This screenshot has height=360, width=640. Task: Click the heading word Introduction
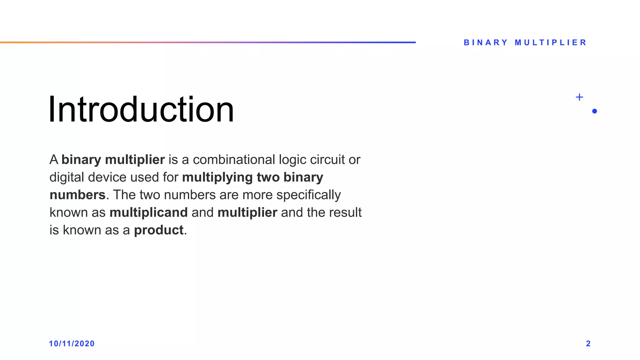(x=141, y=109)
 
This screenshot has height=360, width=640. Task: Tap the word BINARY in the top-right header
(x=486, y=42)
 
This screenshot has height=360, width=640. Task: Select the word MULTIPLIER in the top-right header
(x=551, y=42)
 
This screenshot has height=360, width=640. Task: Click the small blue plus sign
(x=579, y=97)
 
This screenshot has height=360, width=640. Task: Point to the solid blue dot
(x=594, y=111)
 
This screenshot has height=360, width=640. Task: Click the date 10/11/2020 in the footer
(x=72, y=343)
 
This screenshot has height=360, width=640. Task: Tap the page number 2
(x=588, y=343)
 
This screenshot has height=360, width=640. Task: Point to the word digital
(x=67, y=177)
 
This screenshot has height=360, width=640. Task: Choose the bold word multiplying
(x=217, y=177)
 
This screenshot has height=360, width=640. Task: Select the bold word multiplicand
(x=148, y=212)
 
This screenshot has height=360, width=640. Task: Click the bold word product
(x=158, y=230)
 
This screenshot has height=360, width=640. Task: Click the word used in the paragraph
(x=144, y=177)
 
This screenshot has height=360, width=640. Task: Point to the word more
(x=257, y=195)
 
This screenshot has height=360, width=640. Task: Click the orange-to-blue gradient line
(x=208, y=42)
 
